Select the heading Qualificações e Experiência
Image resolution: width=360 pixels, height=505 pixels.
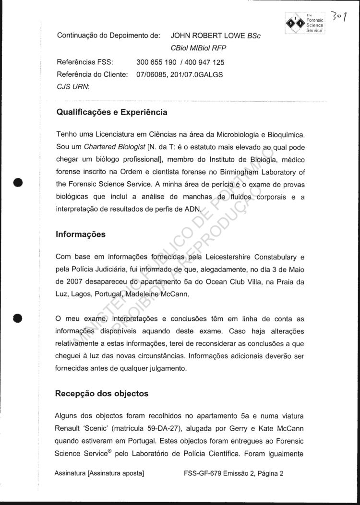112,113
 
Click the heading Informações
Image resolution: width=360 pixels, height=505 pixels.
81,235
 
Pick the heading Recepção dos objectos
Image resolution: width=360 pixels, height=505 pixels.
102,394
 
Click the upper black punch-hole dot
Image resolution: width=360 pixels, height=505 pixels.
18,183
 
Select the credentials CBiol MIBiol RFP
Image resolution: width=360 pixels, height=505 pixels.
198,48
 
